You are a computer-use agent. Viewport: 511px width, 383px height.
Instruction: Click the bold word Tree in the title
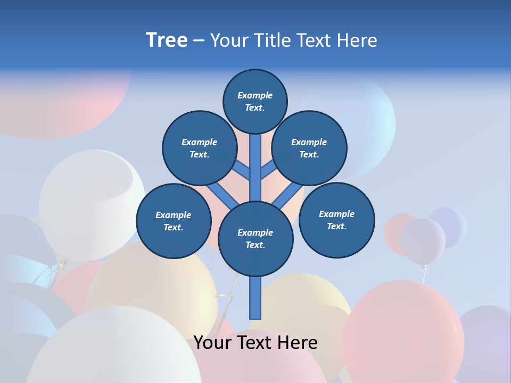[x=167, y=40]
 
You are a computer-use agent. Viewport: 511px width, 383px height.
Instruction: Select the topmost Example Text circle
[x=255, y=101]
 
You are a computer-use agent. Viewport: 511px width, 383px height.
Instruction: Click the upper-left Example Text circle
[x=199, y=148]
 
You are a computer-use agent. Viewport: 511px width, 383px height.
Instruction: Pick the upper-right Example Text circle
[x=309, y=148]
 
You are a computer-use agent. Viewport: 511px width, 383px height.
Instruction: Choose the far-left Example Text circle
[x=173, y=221]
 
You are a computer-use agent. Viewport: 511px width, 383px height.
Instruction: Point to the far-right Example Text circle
[x=336, y=220]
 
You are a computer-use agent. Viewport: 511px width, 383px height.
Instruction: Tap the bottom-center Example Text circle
[x=255, y=238]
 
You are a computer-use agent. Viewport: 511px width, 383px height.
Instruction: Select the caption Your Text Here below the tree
[x=256, y=343]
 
